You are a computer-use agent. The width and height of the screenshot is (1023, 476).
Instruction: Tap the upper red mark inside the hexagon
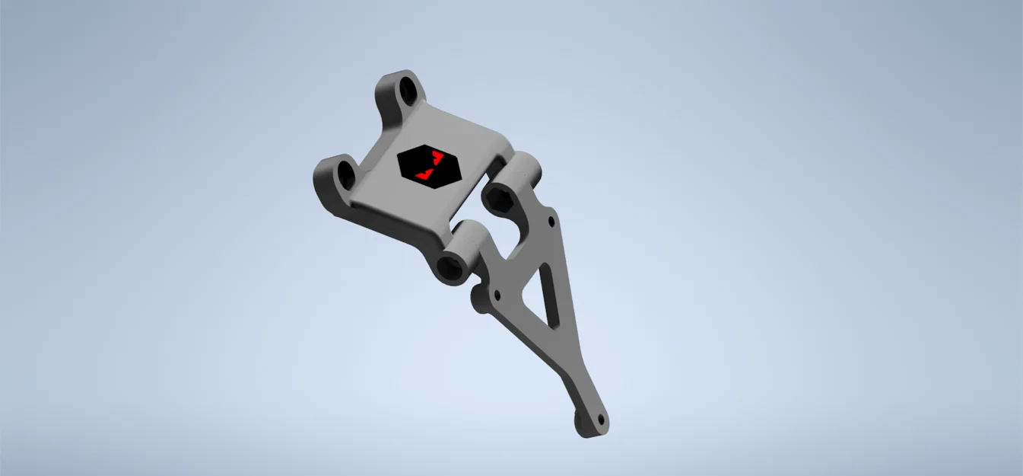point(437,158)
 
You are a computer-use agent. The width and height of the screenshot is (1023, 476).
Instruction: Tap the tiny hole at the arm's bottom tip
point(600,418)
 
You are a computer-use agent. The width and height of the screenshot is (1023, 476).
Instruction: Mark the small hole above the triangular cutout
point(550,222)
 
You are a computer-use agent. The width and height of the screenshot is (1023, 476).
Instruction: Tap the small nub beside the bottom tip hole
point(577,418)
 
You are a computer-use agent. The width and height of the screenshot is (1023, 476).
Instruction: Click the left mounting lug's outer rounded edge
point(319,181)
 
